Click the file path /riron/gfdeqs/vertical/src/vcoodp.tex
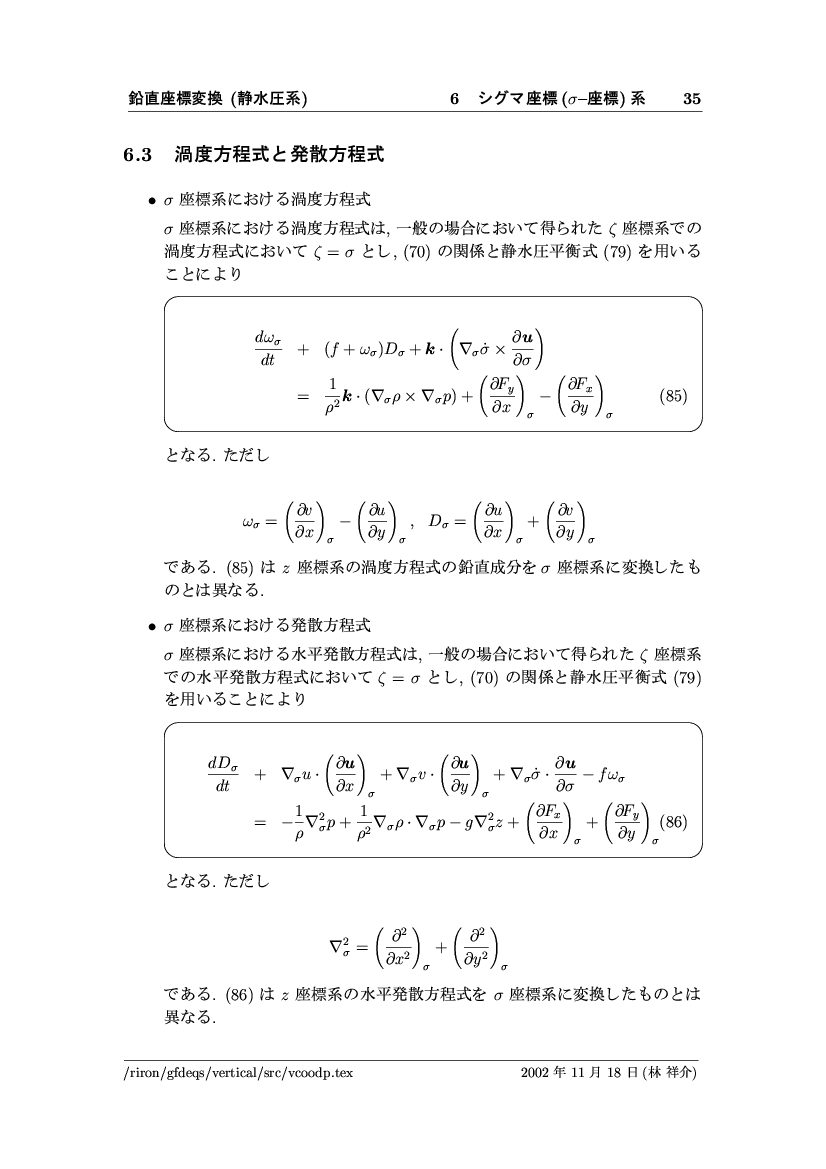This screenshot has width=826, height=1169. [x=233, y=1073]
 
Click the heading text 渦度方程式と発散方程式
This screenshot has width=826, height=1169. [x=280, y=155]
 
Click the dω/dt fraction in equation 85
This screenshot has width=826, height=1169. [x=268, y=351]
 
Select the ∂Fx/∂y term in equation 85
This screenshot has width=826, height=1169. [x=583, y=396]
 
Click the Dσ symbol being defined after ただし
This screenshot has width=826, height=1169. [x=440, y=520]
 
